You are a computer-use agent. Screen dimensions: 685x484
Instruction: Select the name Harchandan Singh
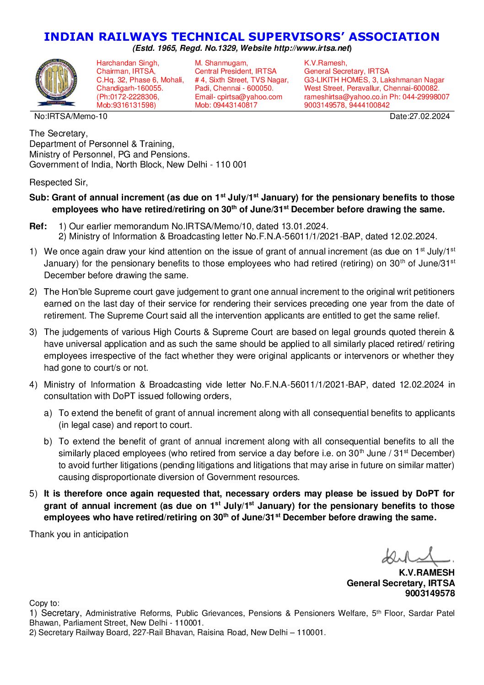pos(128,63)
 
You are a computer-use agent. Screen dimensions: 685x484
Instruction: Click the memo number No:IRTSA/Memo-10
pos(71,116)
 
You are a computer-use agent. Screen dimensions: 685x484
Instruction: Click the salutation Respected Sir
pos(58,183)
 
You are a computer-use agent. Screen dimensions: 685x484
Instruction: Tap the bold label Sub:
pos(39,198)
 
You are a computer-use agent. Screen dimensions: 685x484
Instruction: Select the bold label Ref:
pos(38,226)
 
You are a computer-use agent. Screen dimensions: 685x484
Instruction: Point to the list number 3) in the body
pos(33,332)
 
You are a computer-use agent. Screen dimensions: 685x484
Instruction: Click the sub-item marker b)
pos(48,442)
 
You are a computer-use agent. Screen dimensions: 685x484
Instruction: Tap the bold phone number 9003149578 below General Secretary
pos(430,593)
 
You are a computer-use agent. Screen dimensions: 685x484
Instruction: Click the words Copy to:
pos(44,604)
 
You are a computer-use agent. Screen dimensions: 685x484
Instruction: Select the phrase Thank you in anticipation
pos(79,534)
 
